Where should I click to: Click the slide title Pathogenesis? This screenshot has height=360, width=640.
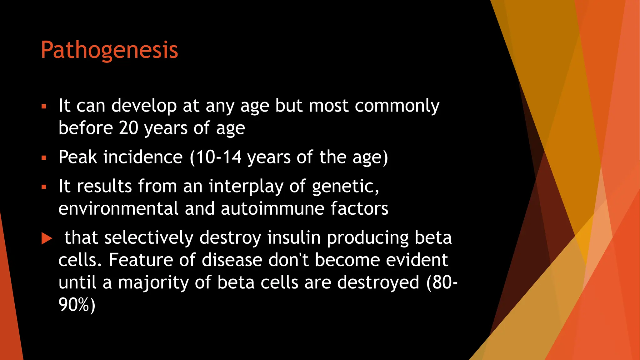click(109, 50)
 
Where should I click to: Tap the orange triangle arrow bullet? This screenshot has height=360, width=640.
click(47, 238)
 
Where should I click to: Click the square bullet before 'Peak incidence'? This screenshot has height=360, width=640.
click(44, 158)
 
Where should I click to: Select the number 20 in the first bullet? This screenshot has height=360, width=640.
click(128, 128)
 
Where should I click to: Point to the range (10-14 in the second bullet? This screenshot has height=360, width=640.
click(216, 157)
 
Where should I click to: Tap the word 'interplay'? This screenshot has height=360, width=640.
click(246, 187)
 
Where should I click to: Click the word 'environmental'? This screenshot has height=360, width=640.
click(118, 209)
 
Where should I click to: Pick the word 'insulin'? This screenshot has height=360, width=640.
click(294, 238)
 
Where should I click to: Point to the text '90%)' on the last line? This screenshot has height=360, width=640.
click(77, 305)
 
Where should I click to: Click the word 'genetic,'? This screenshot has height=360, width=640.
click(345, 187)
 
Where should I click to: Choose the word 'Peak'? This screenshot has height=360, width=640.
click(78, 157)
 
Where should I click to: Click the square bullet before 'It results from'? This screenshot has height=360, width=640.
click(44, 187)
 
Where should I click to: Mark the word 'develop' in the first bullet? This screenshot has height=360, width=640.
click(144, 106)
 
